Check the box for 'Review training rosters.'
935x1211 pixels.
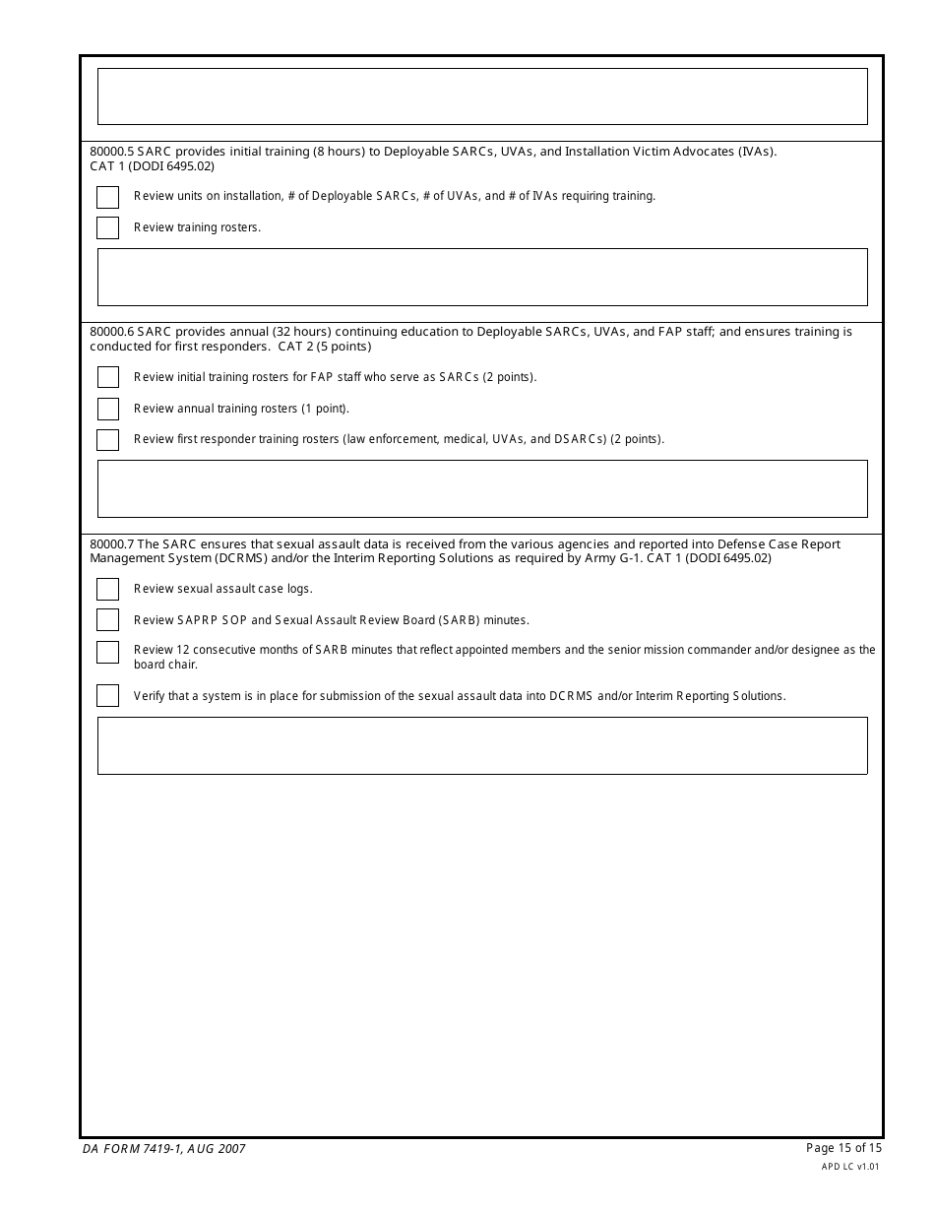(107, 228)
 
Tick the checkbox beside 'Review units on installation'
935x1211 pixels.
(107, 197)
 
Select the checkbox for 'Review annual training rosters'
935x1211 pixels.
(107, 409)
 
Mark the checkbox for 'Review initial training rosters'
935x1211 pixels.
(107, 377)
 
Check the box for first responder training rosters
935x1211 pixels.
(107, 440)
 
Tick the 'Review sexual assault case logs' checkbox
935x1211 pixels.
(107, 589)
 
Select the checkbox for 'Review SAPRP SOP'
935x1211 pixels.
(107, 620)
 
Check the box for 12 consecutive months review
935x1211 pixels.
(107, 652)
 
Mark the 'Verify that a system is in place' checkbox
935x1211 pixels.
(107, 696)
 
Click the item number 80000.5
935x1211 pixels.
(111, 152)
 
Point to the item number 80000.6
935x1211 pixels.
(111, 332)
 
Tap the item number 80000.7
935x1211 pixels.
(111, 544)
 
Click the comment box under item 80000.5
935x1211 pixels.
(482, 277)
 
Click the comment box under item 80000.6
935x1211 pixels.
(482, 488)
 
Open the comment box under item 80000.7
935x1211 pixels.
(482, 745)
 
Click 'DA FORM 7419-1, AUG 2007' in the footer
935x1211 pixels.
(164, 1149)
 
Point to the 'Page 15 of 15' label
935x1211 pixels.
(843, 1148)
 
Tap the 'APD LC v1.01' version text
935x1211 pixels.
(850, 1167)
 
